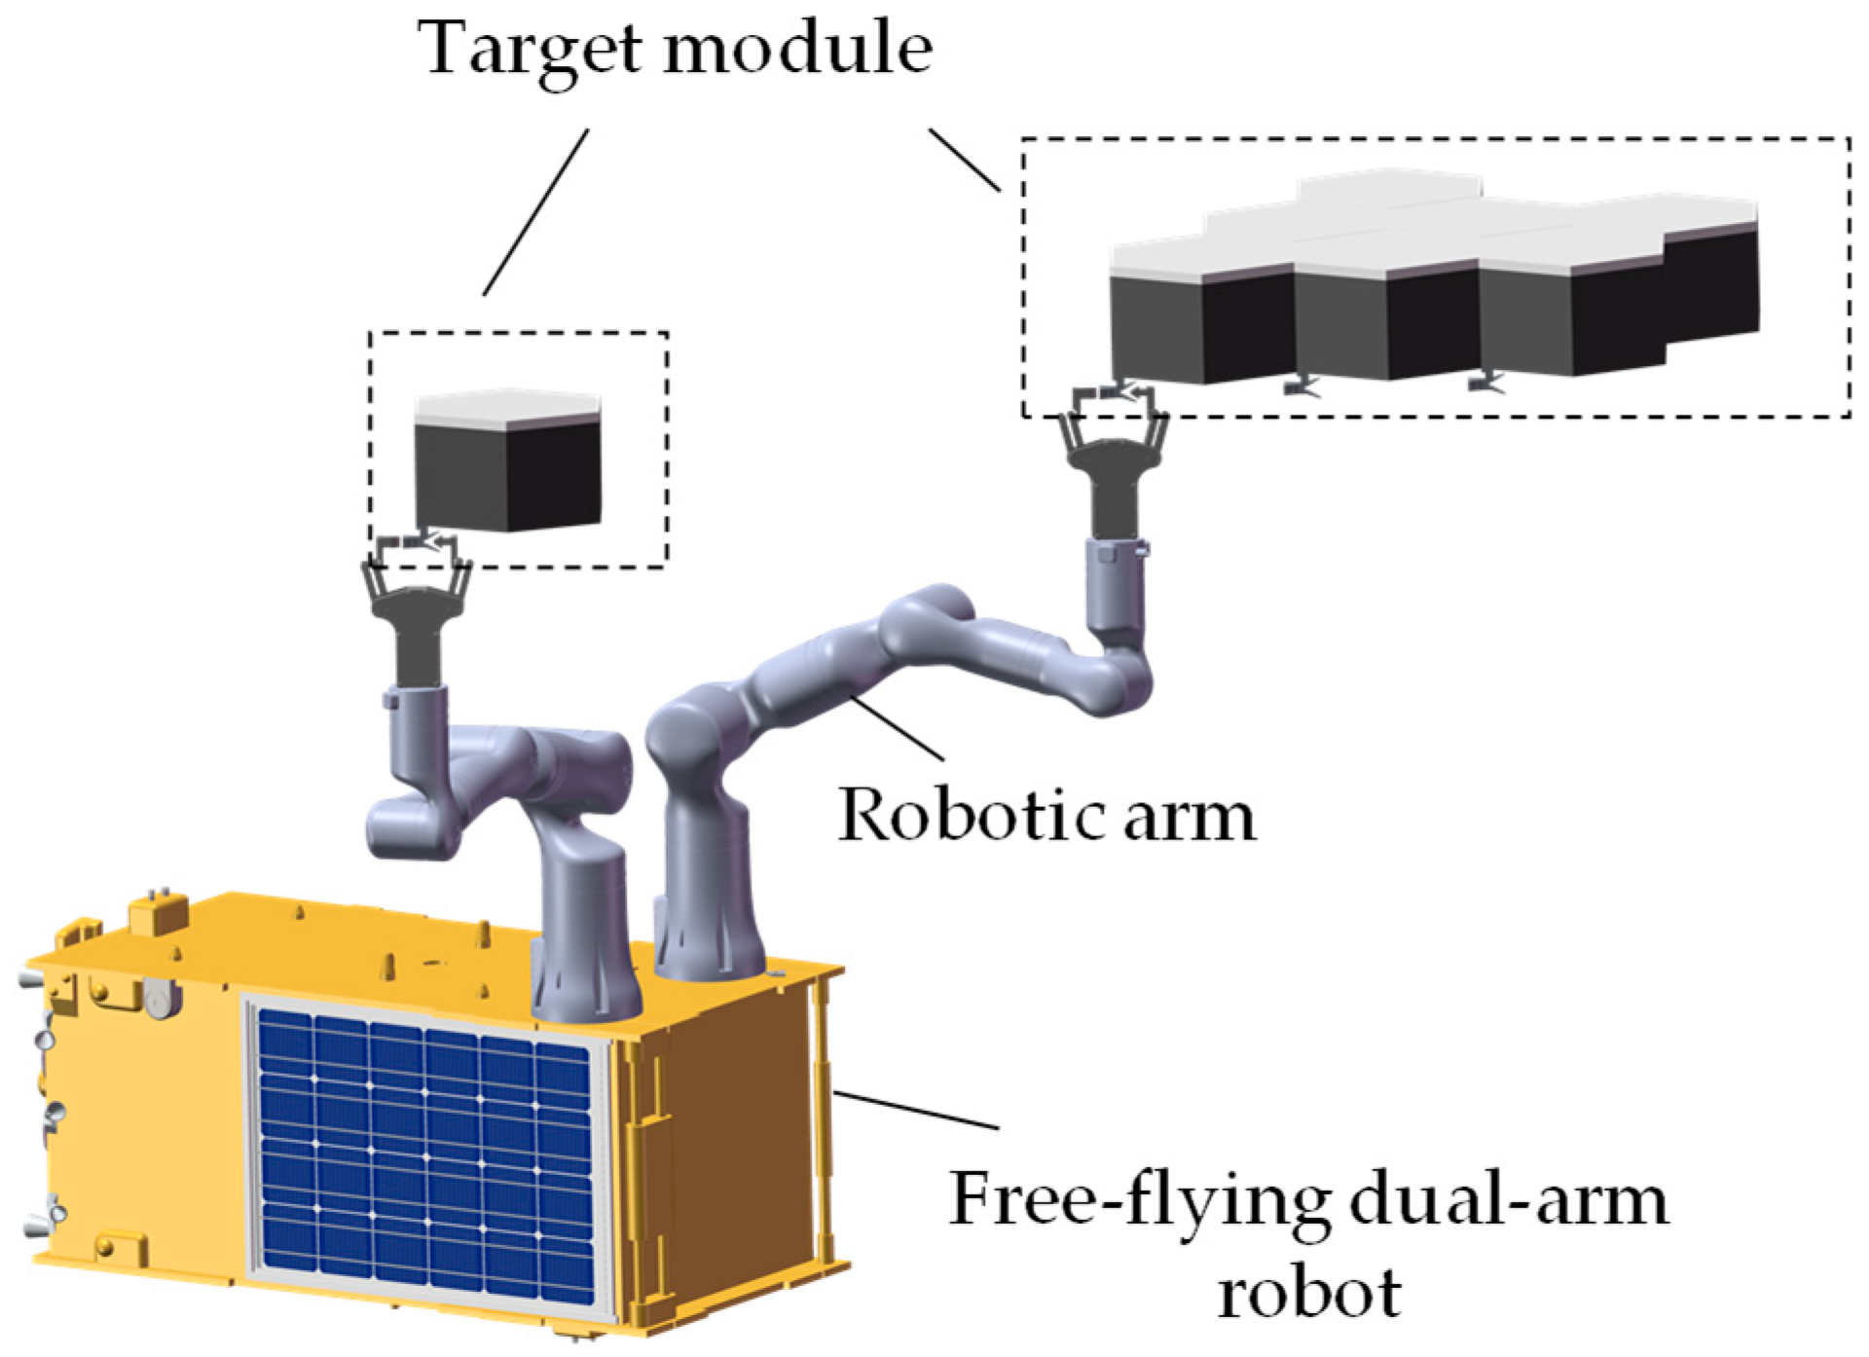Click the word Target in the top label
[x=531, y=49]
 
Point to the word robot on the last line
[x=1309, y=1293]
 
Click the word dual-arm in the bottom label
[x=1509, y=1200]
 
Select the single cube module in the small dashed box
[x=507, y=467]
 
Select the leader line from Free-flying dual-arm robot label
[x=915, y=1110]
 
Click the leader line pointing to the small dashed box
[x=535, y=212]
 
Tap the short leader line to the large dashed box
[x=964, y=160]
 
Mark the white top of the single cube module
[x=506, y=407]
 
